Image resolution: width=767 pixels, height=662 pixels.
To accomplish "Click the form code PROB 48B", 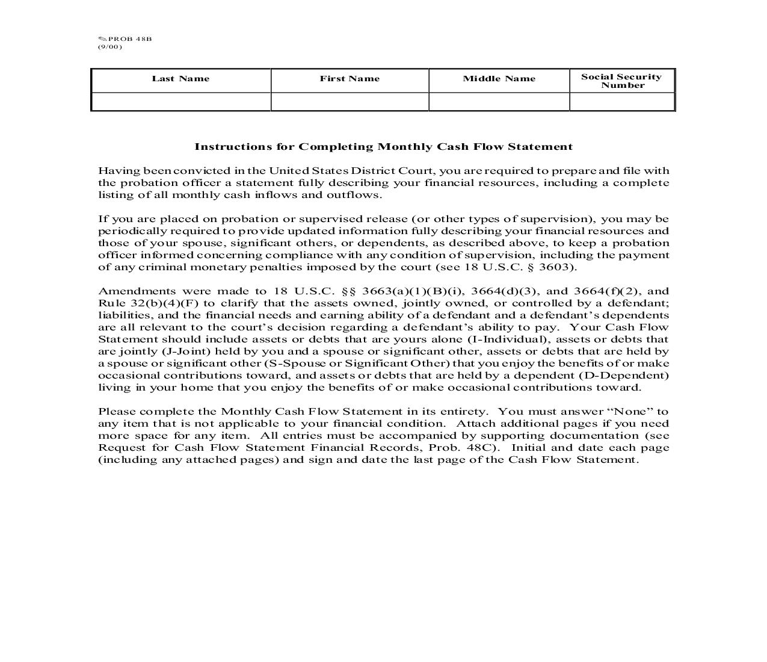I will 129,39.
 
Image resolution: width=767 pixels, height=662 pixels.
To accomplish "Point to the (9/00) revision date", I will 109,47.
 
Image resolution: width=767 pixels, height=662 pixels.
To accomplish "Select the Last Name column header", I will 180,79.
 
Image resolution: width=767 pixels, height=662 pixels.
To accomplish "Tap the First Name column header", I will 350,79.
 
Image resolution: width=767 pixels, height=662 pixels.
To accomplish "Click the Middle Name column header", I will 499,79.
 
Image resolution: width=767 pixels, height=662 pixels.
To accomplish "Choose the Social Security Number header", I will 621,81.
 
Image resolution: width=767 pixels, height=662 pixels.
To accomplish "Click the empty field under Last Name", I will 180,102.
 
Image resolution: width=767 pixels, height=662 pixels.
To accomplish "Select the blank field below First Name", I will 350,102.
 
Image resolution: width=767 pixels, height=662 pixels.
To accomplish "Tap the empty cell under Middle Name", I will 499,102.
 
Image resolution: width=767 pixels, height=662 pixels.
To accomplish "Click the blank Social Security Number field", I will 621,102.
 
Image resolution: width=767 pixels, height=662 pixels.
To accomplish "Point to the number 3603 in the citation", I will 559,267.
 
